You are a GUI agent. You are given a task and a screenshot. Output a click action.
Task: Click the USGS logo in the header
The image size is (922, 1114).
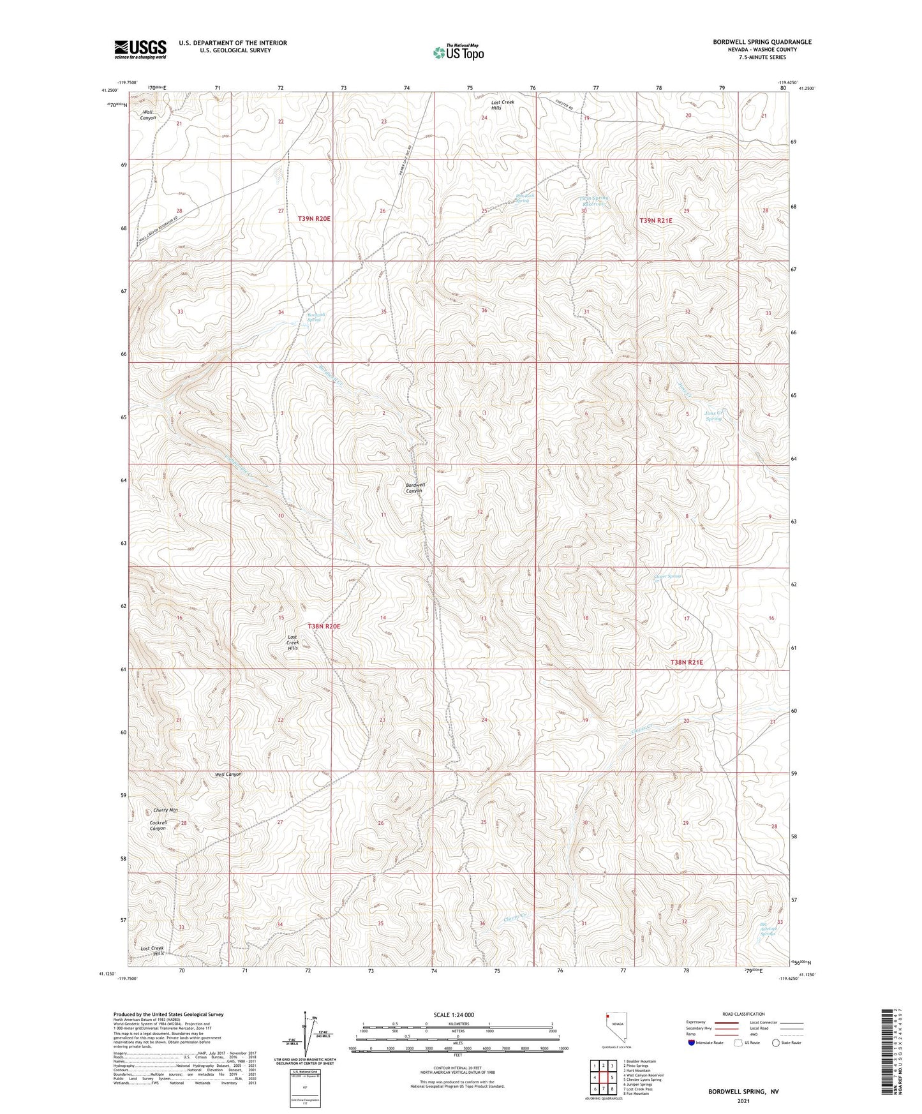(140, 49)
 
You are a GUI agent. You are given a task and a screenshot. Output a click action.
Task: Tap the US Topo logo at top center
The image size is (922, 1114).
(458, 52)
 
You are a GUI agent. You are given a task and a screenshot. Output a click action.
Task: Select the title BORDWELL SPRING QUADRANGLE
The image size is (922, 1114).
(762, 42)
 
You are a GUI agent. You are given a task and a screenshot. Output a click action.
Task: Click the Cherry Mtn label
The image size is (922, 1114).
(165, 810)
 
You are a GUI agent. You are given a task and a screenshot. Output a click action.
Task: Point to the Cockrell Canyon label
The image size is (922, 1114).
(158, 825)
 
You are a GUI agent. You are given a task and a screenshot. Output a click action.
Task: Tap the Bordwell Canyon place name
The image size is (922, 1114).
(415, 488)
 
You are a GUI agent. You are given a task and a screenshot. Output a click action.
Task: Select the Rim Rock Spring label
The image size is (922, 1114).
(522, 198)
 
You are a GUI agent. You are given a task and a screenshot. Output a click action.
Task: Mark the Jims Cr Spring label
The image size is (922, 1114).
(713, 415)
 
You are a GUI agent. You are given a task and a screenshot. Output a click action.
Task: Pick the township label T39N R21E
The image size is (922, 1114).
(656, 220)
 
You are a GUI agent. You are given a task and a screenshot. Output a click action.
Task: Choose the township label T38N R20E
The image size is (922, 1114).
(323, 627)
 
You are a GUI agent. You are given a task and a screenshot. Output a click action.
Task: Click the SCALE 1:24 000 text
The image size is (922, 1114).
(454, 1014)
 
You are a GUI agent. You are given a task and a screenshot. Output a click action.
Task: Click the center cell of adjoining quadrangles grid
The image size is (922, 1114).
(603, 1077)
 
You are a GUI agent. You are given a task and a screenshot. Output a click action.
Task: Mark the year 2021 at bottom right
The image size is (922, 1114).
(743, 1101)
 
